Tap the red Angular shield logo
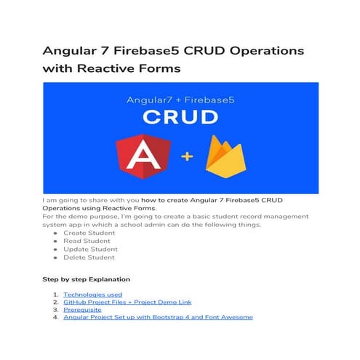[x=143, y=159]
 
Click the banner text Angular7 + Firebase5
[x=180, y=95]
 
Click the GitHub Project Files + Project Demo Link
[x=127, y=302]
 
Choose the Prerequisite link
[x=83, y=310]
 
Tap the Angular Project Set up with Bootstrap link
[x=158, y=317]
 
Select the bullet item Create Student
[x=89, y=233]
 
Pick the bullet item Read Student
[x=87, y=241]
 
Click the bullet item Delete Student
[x=89, y=257]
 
